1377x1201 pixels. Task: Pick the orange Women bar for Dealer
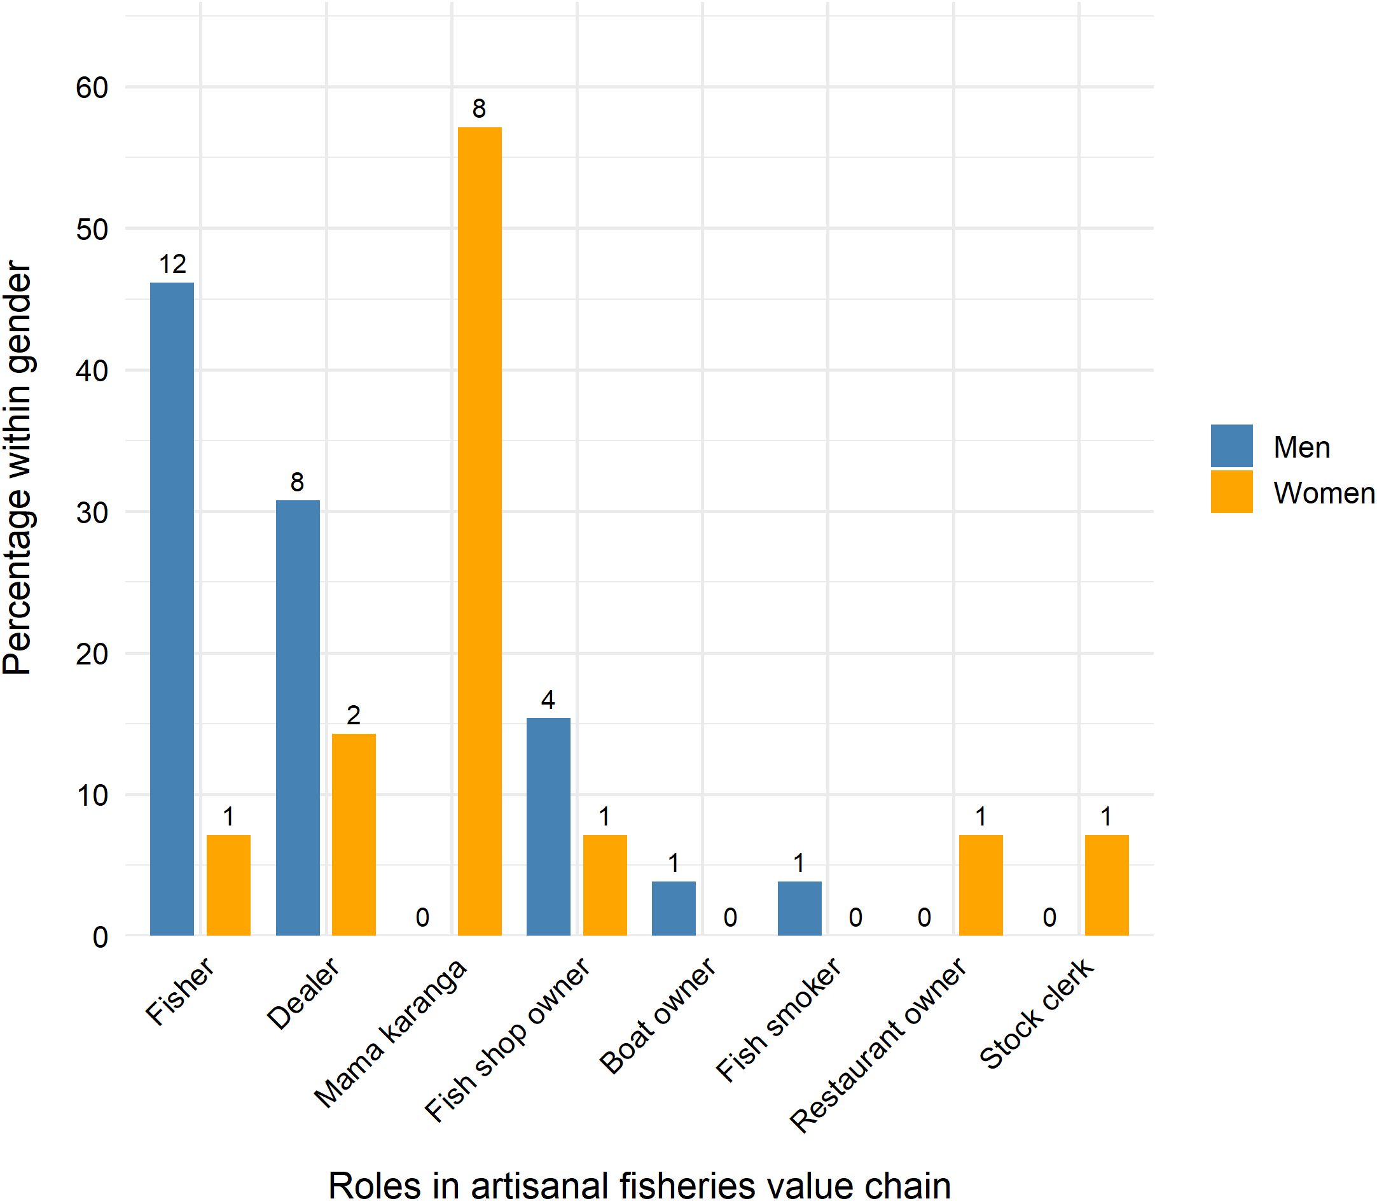click(x=354, y=834)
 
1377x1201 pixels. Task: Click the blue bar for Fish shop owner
click(x=548, y=826)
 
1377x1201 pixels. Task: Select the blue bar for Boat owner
click(x=673, y=908)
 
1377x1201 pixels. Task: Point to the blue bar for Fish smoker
click(x=799, y=908)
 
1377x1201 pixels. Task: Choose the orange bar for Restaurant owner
click(x=981, y=885)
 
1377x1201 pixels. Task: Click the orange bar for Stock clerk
click(x=1107, y=885)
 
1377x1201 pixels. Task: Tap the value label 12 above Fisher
click(x=172, y=265)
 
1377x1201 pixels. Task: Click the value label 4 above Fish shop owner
click(x=548, y=700)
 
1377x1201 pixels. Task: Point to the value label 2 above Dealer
click(x=354, y=716)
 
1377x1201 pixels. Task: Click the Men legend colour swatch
click(x=1231, y=446)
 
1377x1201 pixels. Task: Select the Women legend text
click(x=1324, y=493)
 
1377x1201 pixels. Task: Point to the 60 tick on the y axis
click(x=92, y=88)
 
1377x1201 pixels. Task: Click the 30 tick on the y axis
click(x=92, y=513)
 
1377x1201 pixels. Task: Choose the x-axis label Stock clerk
click(x=1036, y=1012)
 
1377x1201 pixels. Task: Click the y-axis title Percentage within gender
click(x=17, y=469)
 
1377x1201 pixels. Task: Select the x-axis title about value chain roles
click(x=639, y=1185)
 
